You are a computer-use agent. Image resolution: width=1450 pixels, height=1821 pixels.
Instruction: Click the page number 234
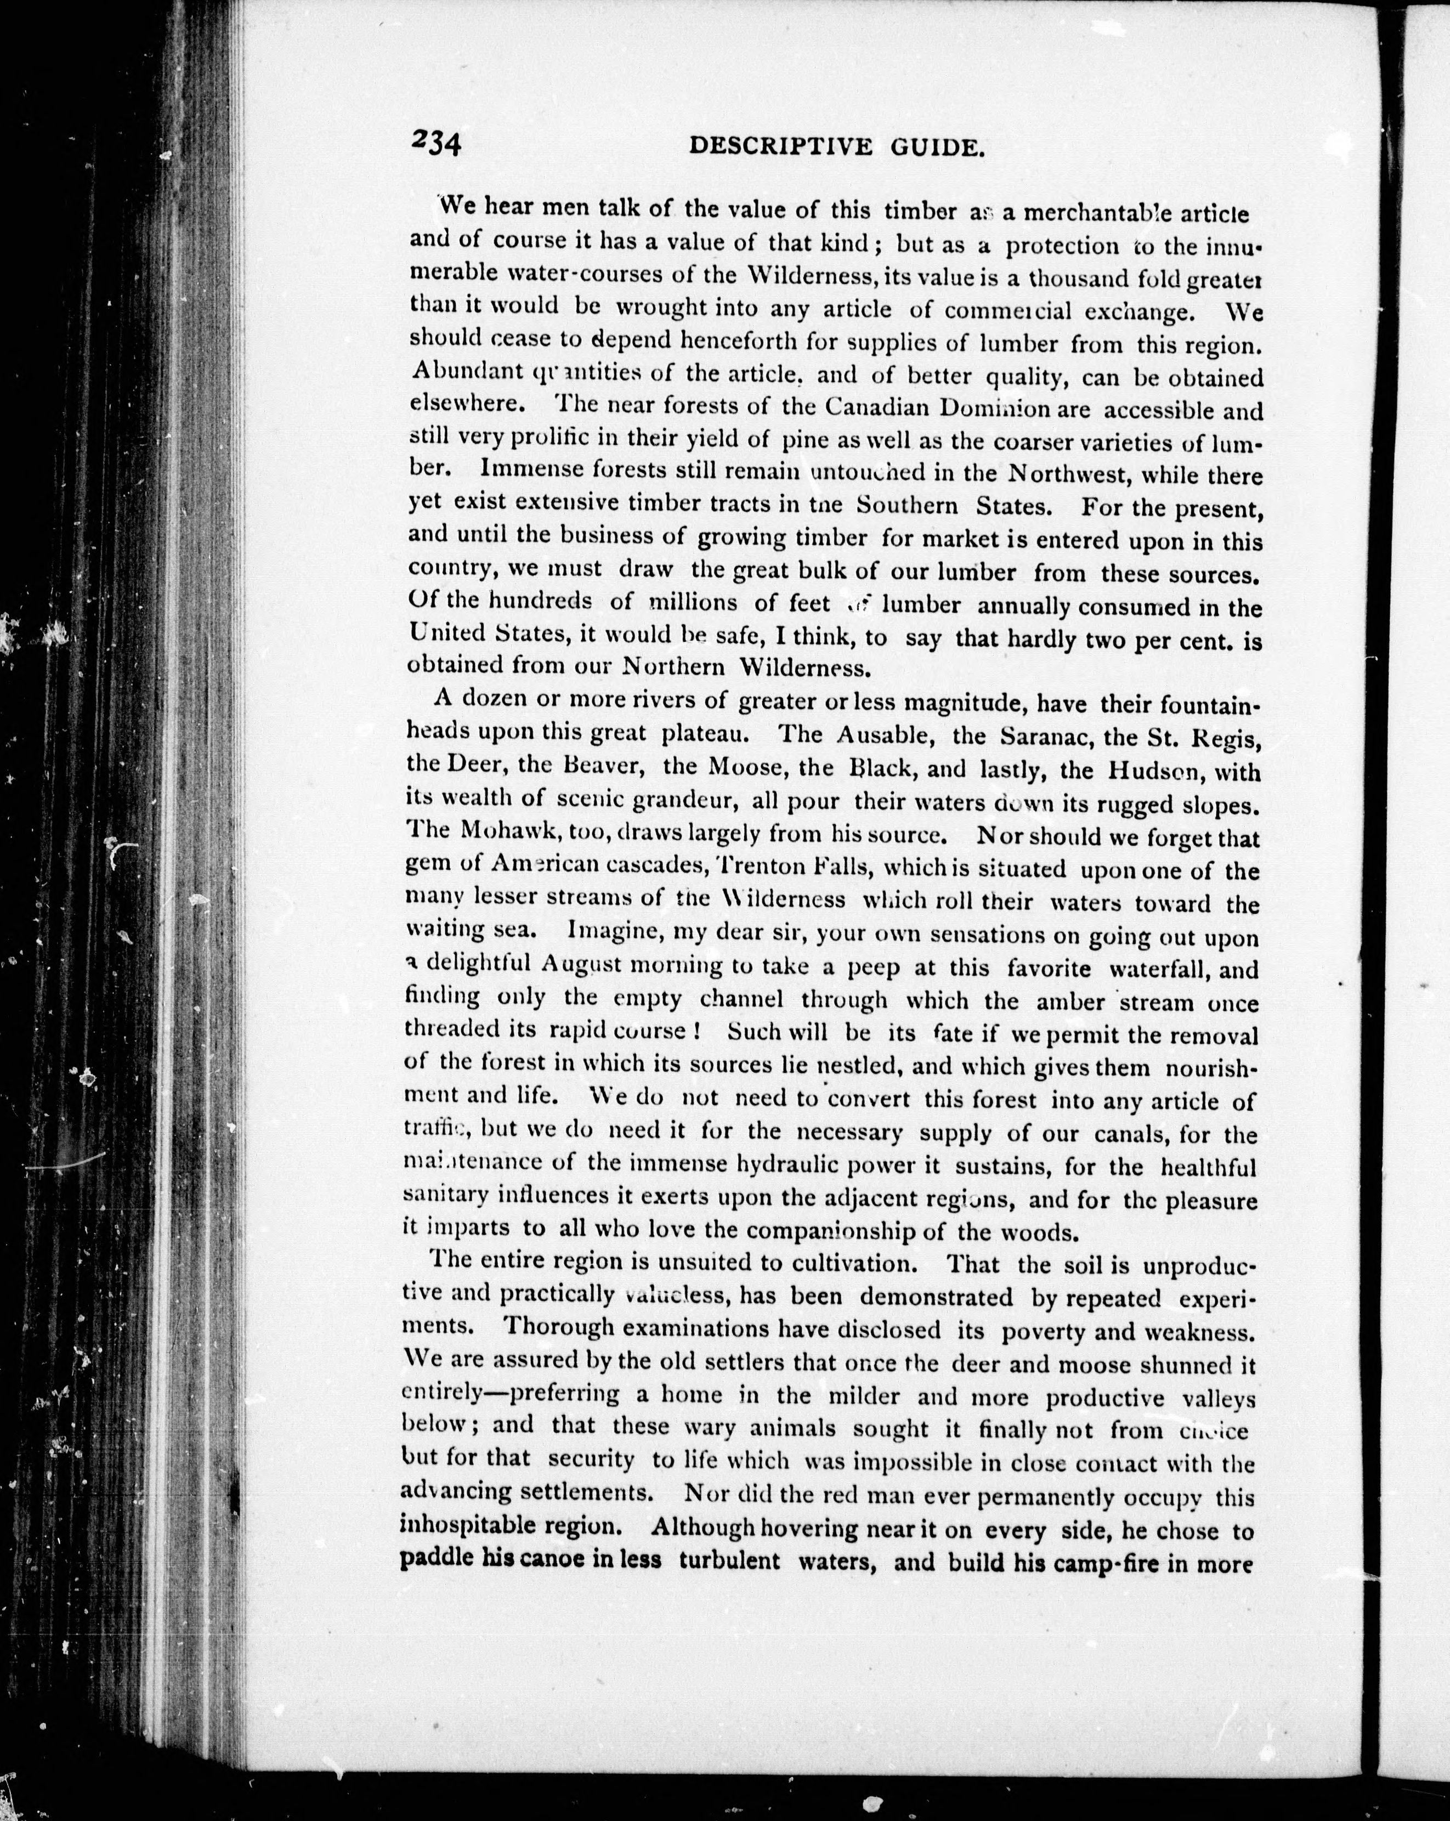tap(436, 142)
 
